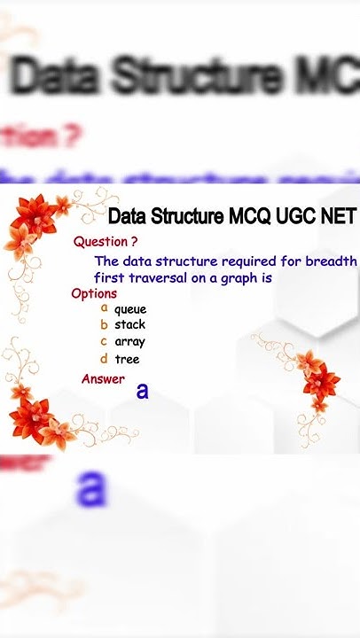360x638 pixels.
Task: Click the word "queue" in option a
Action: click(x=130, y=310)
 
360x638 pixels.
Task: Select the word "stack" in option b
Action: click(x=129, y=325)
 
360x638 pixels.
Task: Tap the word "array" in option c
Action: click(x=129, y=342)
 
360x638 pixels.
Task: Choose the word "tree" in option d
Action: click(x=127, y=360)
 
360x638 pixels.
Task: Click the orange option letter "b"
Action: click(x=104, y=324)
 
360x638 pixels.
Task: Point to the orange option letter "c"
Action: click(x=104, y=341)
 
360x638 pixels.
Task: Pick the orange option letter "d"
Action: click(x=104, y=359)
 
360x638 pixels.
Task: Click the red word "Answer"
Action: click(x=103, y=379)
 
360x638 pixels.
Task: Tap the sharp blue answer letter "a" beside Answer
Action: click(x=142, y=390)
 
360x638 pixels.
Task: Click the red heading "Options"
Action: click(x=94, y=293)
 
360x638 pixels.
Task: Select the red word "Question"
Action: click(x=100, y=241)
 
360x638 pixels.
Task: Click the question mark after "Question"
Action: click(x=134, y=241)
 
